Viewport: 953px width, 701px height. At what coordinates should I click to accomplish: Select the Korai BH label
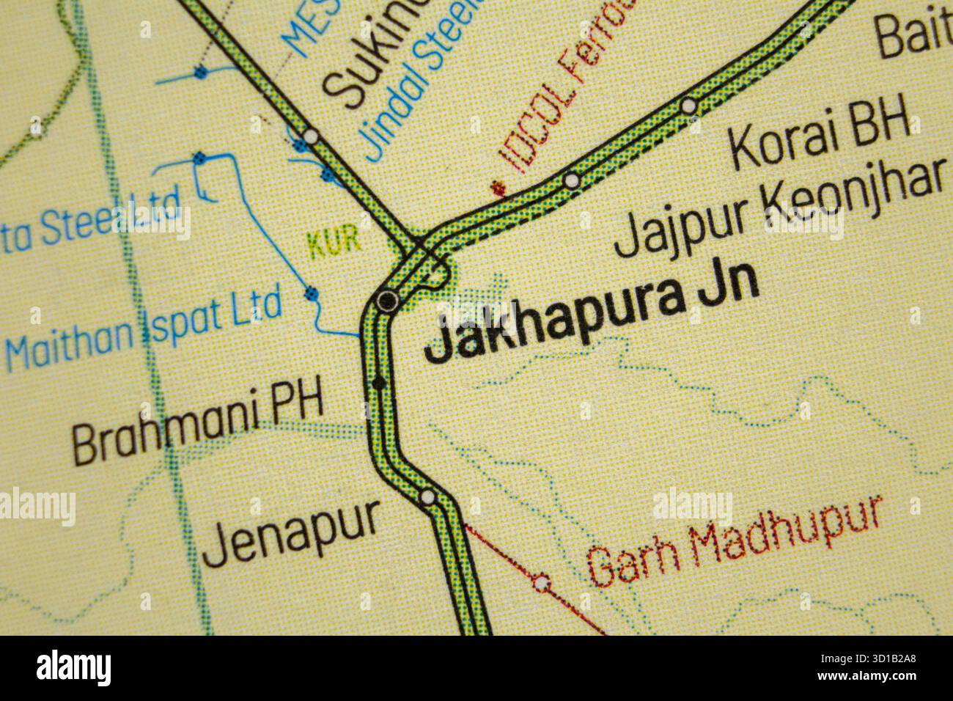tap(820, 135)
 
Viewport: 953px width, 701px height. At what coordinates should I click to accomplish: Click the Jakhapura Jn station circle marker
tap(386, 299)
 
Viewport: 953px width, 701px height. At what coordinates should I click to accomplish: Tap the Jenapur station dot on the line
tap(427, 498)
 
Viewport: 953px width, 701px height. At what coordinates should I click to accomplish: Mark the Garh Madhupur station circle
tap(542, 583)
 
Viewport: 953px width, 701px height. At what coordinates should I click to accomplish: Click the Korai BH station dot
tap(688, 106)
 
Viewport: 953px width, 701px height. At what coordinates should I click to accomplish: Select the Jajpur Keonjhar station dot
tap(571, 179)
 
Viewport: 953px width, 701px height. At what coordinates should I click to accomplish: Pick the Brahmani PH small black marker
tap(378, 382)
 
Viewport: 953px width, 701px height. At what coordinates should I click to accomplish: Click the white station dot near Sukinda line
tap(312, 136)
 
